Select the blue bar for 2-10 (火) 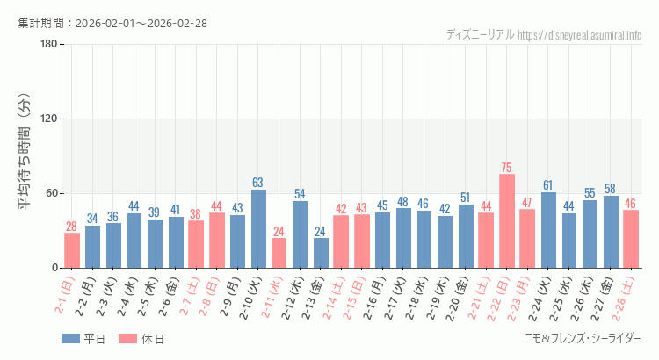258,229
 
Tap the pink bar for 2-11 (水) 279,253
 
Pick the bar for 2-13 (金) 321,253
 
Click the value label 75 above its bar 507,167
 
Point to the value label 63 258,183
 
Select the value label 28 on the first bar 72,226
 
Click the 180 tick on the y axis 48,45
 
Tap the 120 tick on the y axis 48,119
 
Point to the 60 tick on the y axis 51,193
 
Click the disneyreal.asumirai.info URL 579,35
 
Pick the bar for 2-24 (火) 548,230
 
